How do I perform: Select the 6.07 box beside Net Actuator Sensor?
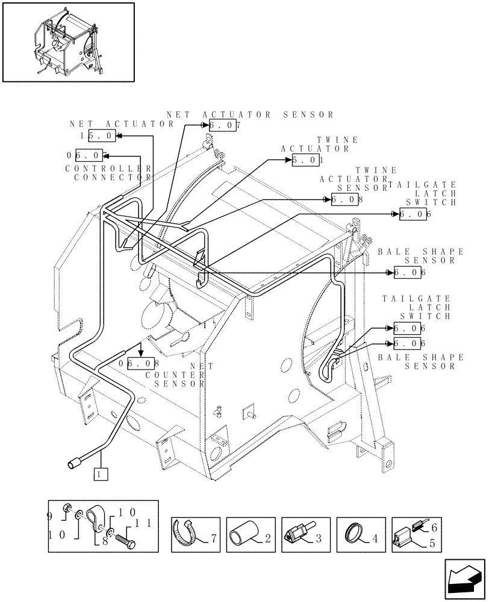point(223,125)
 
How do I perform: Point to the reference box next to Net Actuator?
point(101,136)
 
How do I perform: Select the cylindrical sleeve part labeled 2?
point(242,533)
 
